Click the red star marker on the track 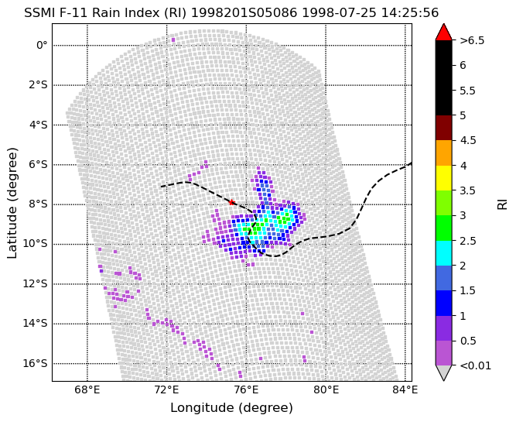(231, 202)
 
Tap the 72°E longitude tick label (168, 390)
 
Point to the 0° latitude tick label (42, 45)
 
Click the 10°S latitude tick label (36, 244)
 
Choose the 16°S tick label (36, 363)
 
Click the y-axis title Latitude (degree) (12, 203)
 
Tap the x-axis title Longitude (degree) (231, 408)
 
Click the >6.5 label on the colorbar (472, 40)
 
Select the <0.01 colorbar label (476, 365)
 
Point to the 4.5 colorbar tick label (468, 141)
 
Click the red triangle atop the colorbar (443, 32)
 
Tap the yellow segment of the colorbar (443, 178)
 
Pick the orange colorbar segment (443, 153)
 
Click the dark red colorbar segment (443, 128)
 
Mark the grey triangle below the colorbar (443, 372)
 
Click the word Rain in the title (104, 13)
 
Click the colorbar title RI (503, 203)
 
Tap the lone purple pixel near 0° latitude (173, 39)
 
